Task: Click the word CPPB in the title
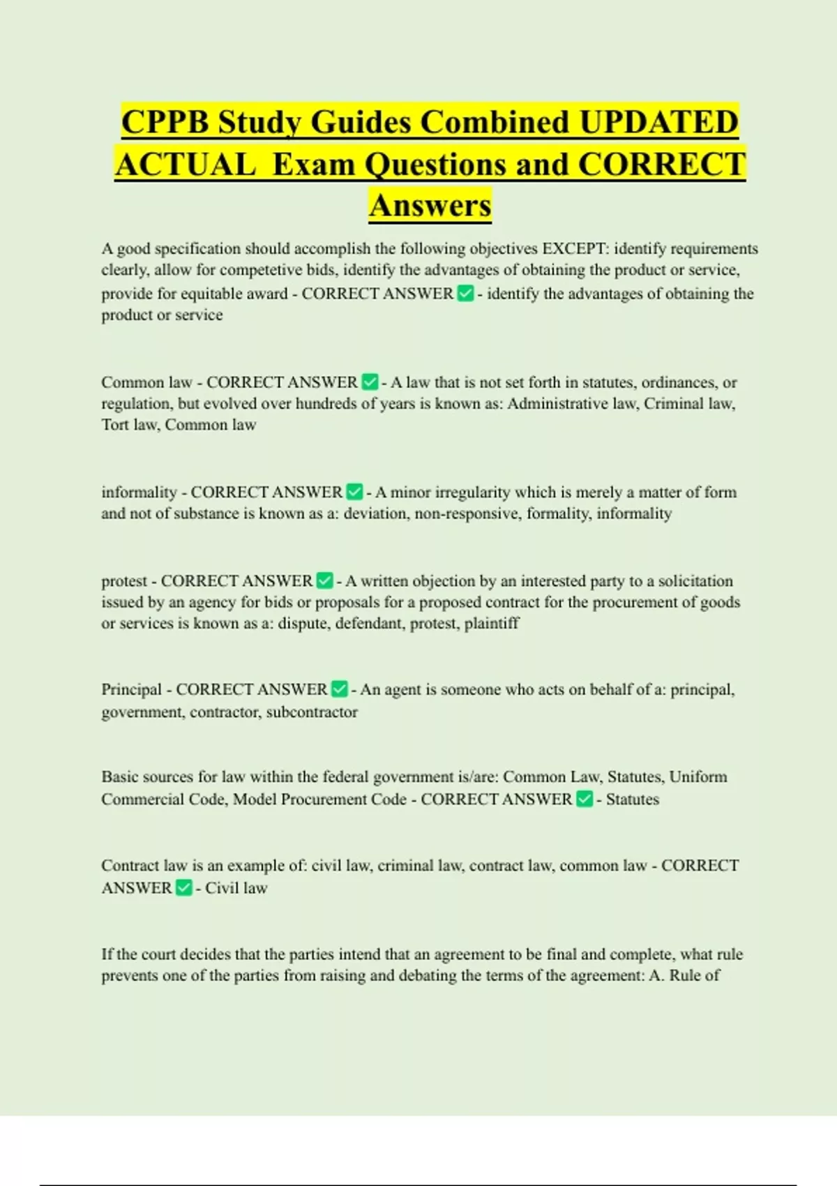click(x=165, y=122)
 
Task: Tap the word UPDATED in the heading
click(x=658, y=122)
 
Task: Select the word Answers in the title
click(x=430, y=205)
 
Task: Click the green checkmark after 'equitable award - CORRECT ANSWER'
click(x=465, y=294)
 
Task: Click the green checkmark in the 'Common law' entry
click(x=370, y=382)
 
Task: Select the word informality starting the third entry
click(x=139, y=492)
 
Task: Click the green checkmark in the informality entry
click(x=354, y=492)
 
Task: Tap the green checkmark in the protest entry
click(x=325, y=580)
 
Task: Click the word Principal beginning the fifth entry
click(x=131, y=689)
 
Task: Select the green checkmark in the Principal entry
click(x=339, y=689)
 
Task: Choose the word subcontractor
click(x=312, y=712)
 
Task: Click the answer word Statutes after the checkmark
click(x=632, y=799)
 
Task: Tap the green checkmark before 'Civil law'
click(x=183, y=887)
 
